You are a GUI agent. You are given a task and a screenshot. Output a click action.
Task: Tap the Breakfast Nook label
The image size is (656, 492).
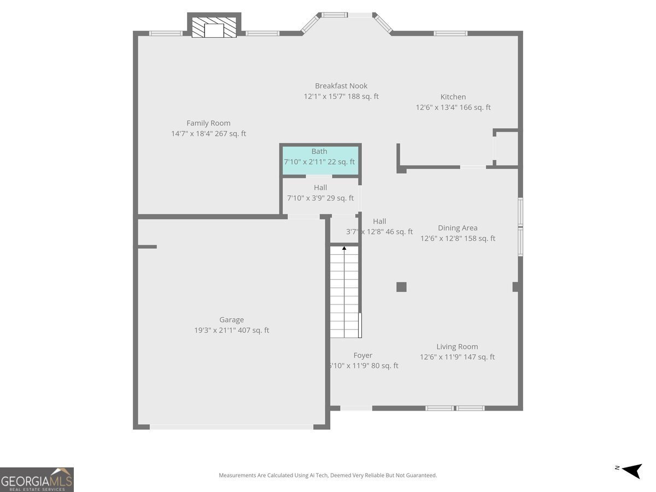341,86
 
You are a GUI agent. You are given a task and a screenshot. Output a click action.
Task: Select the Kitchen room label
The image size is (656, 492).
453,97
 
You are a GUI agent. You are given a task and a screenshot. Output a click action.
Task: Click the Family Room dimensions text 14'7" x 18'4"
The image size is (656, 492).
208,133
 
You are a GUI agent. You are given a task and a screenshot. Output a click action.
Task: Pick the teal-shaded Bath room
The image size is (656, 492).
320,160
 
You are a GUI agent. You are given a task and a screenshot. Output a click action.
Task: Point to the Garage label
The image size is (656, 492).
231,320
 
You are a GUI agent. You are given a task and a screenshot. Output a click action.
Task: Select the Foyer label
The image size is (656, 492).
363,355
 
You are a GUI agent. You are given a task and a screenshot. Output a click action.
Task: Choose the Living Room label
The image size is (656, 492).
457,347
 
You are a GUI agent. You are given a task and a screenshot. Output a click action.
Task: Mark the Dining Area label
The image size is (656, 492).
458,228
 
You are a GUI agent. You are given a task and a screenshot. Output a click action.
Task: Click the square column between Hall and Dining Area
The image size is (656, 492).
401,287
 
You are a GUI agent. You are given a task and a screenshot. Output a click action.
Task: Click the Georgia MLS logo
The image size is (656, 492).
37,479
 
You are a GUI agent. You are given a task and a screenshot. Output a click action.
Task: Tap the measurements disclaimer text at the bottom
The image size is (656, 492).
328,476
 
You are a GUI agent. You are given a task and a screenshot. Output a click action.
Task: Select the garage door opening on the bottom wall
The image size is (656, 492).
231,426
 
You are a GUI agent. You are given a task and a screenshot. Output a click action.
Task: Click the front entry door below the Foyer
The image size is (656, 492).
356,408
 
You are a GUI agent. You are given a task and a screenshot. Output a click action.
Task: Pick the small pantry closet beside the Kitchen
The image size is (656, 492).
506,148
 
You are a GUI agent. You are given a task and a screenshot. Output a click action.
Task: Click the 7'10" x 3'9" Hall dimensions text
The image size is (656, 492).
320,198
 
